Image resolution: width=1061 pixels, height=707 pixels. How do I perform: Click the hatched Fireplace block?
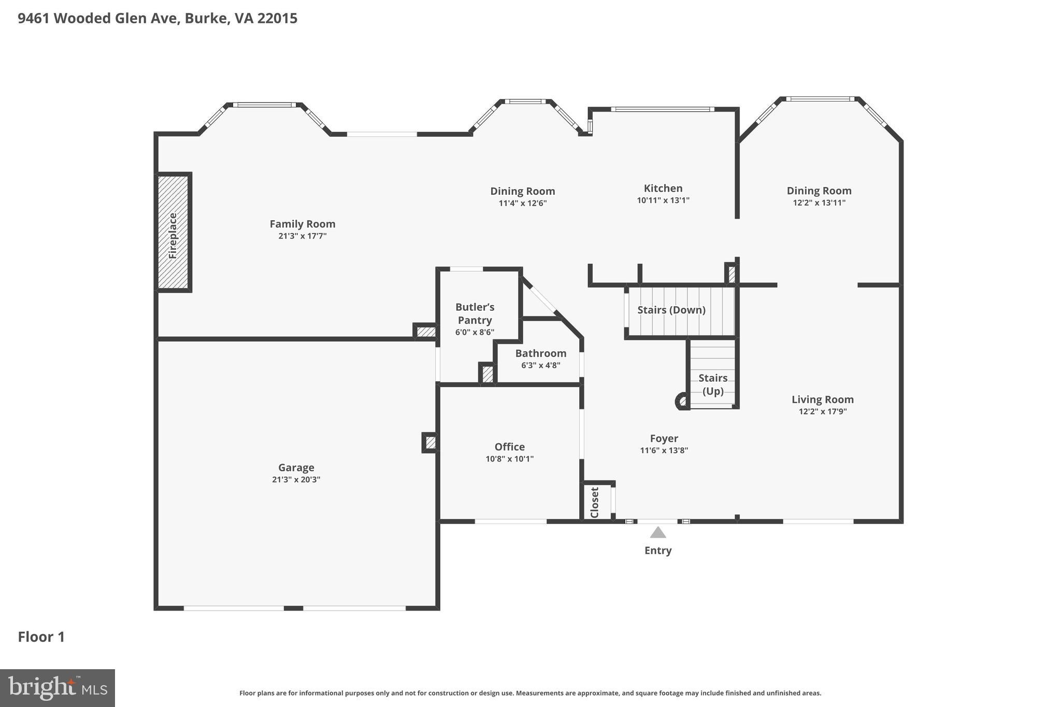click(173, 232)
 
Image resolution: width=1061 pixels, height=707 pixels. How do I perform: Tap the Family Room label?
click(303, 224)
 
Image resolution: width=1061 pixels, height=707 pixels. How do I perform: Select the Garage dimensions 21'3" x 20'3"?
click(296, 480)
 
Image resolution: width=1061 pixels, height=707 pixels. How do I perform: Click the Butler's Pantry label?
click(475, 314)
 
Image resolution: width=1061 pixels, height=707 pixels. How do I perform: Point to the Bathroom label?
click(540, 353)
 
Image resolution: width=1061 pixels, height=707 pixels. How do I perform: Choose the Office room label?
click(509, 447)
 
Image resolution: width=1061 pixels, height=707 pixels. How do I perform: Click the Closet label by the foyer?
click(595, 502)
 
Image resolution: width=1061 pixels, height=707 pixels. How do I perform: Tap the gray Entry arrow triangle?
click(658, 532)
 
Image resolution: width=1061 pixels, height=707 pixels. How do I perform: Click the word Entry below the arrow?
click(658, 551)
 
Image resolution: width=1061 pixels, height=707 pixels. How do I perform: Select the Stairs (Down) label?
click(671, 310)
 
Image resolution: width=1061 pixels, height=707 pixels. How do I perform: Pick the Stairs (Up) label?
click(713, 384)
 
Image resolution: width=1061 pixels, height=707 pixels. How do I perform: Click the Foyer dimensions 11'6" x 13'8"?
click(664, 451)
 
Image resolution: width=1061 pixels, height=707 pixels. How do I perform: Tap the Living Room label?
click(822, 399)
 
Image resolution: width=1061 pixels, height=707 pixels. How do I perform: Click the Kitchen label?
click(663, 189)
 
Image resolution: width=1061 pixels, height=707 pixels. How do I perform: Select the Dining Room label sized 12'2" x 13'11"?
click(819, 191)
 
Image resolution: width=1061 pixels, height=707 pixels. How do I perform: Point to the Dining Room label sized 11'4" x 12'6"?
click(522, 191)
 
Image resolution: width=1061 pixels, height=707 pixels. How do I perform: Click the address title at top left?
click(157, 19)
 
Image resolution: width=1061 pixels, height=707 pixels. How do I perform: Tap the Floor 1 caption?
click(41, 637)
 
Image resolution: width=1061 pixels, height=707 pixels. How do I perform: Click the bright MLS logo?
click(58, 688)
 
